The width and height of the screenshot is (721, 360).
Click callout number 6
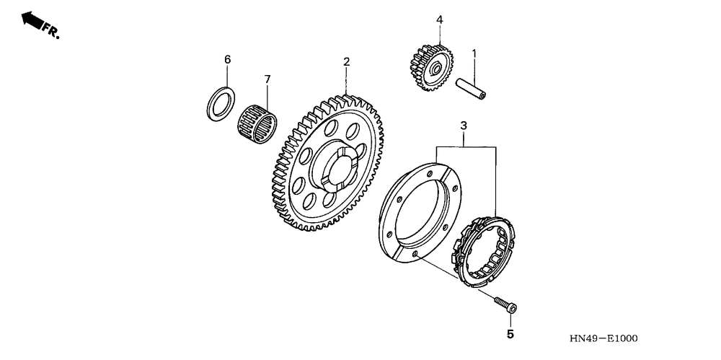(227, 59)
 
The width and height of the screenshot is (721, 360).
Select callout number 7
(266, 78)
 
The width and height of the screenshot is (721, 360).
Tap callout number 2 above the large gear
(346, 62)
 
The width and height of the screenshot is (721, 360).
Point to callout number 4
(439, 20)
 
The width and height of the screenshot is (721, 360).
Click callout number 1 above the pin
(474, 53)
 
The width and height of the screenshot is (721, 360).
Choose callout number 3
(464, 126)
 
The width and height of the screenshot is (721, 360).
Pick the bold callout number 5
(510, 334)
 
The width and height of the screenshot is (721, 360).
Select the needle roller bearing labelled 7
(257, 120)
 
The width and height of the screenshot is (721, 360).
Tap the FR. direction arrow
(32, 19)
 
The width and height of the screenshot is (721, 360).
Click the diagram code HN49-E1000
(603, 338)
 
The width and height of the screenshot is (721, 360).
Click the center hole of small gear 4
(436, 69)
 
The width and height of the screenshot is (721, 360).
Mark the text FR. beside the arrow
(51, 31)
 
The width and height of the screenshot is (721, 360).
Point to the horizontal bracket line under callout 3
(465, 146)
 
